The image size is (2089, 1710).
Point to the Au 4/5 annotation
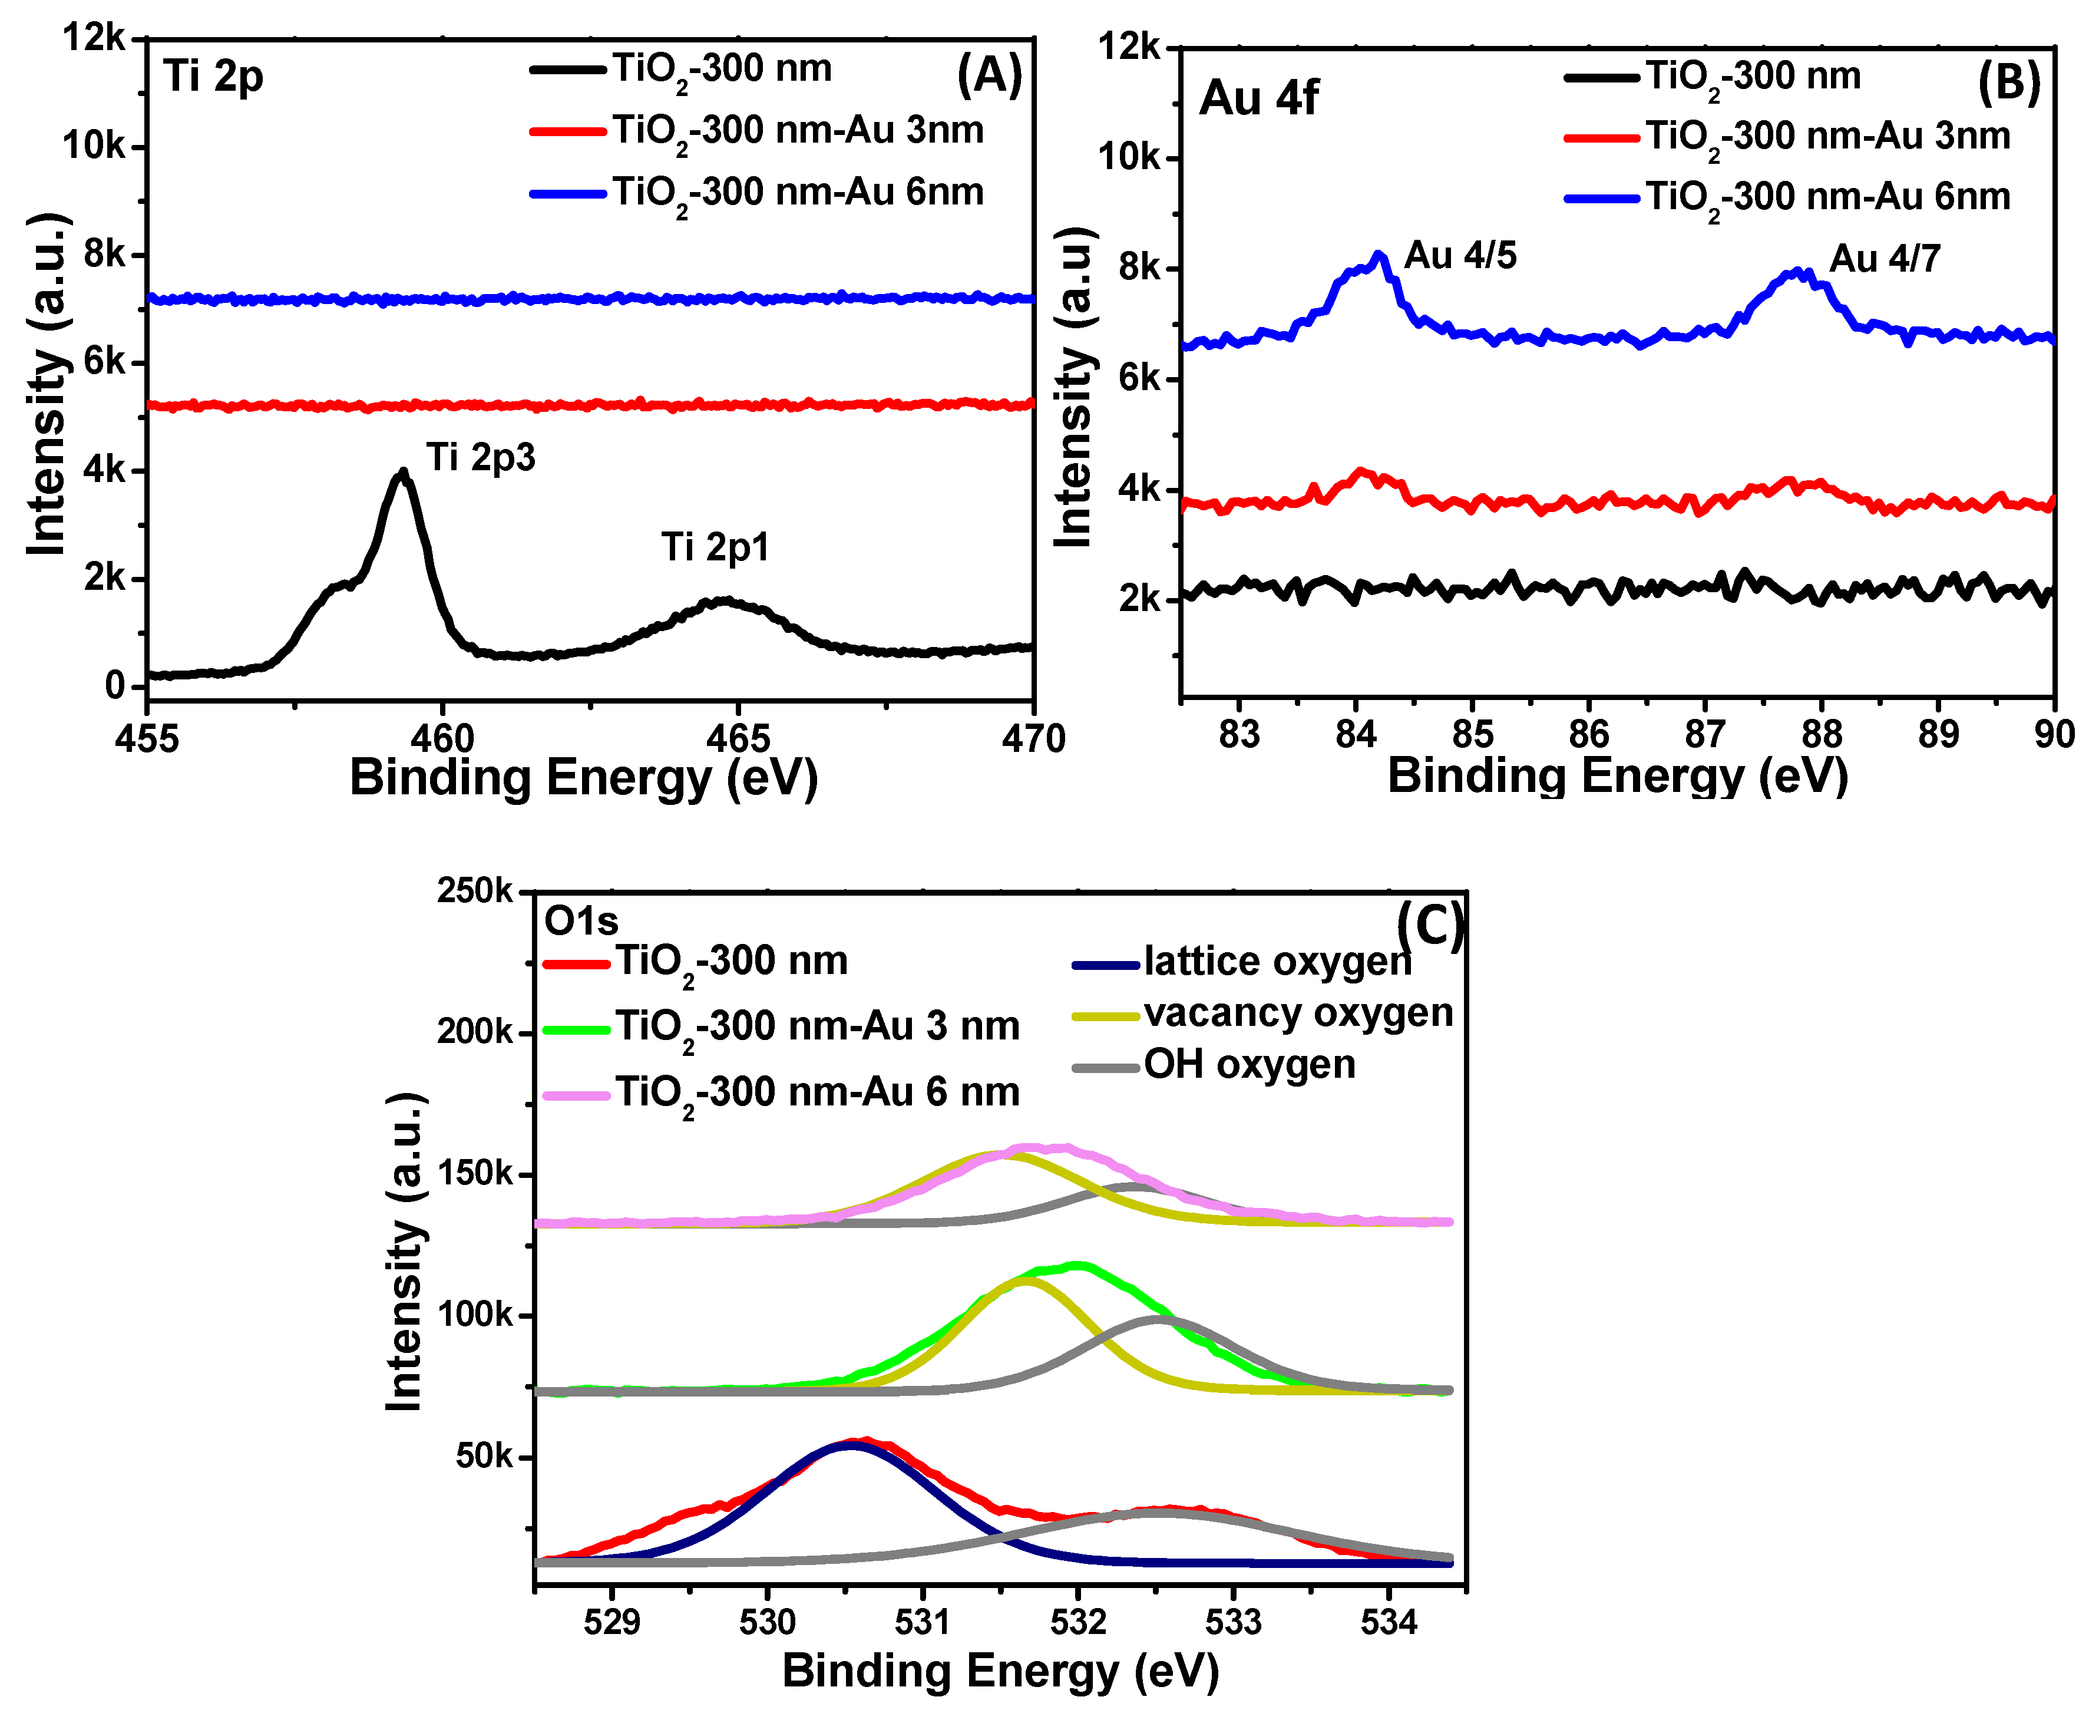[x=1460, y=256]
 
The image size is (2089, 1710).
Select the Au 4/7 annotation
[x=1884, y=260]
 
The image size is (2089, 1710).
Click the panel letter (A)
[x=990, y=77]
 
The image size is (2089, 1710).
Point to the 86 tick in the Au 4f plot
[x=1589, y=734]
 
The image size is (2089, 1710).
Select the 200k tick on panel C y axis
[x=475, y=1032]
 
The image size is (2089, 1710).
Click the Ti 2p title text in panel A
[x=214, y=77]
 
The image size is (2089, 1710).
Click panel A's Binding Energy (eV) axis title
[x=583, y=778]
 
